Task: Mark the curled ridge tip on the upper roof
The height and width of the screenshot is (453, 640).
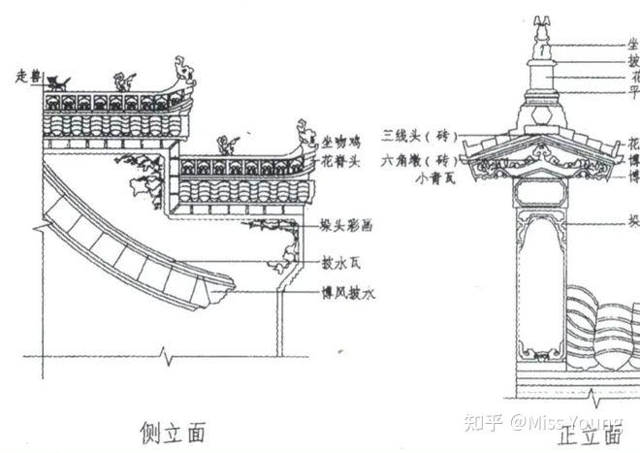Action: (182, 69)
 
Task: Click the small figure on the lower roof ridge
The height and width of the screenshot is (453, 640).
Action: (229, 146)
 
